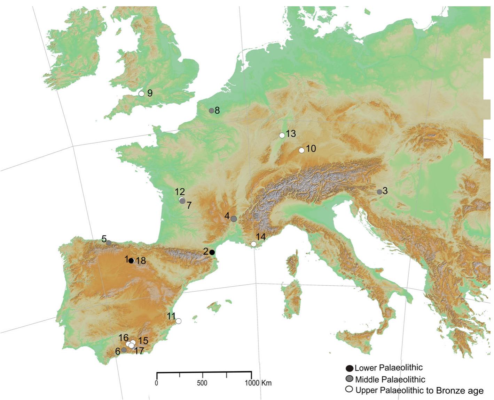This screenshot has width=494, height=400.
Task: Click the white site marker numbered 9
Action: pyautogui.click(x=141, y=93)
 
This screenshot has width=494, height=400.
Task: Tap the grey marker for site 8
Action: pyautogui.click(x=211, y=111)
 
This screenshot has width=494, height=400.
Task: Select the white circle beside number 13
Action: pyautogui.click(x=282, y=135)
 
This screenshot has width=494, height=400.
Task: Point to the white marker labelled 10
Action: pyautogui.click(x=301, y=150)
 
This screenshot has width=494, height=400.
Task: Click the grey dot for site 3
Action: pyautogui.click(x=379, y=192)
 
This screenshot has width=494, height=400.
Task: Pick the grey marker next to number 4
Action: pyautogui.click(x=234, y=219)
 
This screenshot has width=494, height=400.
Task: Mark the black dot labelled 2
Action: pyautogui.click(x=212, y=252)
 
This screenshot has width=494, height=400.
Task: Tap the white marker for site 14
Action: pyautogui.click(x=253, y=244)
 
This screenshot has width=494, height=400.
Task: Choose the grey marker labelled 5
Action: pyautogui.click(x=109, y=243)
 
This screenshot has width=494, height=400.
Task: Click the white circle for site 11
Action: pyautogui.click(x=178, y=321)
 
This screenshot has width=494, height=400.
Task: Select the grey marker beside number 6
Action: pyautogui.click(x=124, y=350)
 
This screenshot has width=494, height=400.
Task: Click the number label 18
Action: pyautogui.click(x=141, y=260)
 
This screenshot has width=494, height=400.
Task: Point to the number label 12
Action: pyautogui.click(x=180, y=191)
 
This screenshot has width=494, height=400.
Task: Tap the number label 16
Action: pyautogui.click(x=123, y=338)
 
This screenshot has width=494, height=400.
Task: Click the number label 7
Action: pyautogui.click(x=189, y=206)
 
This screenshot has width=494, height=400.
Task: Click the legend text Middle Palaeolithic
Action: pyautogui.click(x=390, y=379)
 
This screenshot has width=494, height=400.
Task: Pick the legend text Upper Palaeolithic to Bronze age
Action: pyautogui.click(x=419, y=390)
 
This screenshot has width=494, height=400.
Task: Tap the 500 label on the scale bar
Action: pyautogui.click(x=202, y=383)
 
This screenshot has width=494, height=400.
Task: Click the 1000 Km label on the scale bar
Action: pyautogui.click(x=258, y=383)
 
